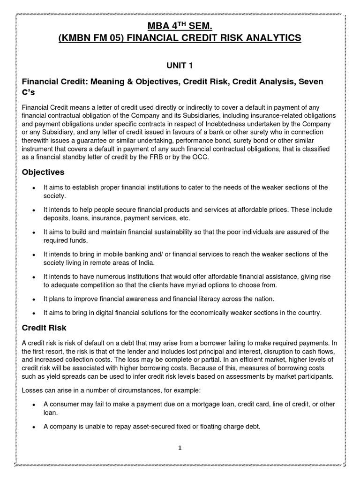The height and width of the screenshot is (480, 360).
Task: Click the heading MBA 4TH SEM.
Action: point(180,24)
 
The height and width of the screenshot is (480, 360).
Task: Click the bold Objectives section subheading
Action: point(44,172)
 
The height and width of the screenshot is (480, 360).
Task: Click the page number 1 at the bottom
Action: point(180,448)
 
